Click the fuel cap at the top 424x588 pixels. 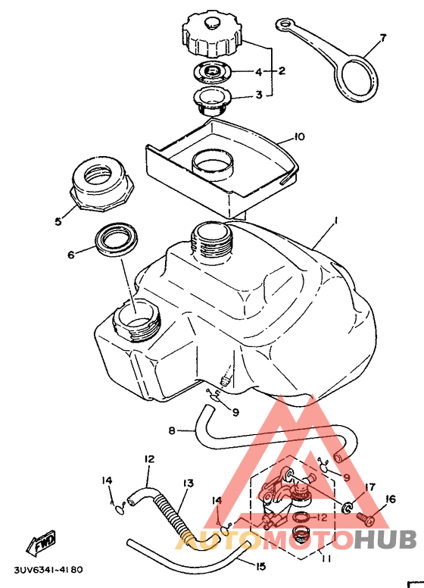click(212, 36)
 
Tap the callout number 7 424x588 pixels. click(382, 38)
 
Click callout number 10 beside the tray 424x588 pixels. click(299, 136)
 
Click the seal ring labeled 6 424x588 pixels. click(116, 240)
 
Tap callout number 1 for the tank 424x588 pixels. click(335, 221)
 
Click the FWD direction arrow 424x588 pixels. click(41, 542)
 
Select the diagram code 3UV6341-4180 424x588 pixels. click(48, 570)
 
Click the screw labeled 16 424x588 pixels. click(365, 519)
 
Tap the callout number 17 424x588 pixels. click(369, 487)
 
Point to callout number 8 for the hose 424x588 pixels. click(172, 430)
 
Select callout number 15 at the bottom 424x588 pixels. click(260, 566)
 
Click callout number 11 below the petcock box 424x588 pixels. click(326, 559)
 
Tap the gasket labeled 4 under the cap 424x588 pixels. click(211, 71)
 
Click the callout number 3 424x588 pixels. click(259, 95)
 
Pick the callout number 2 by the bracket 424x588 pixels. click(282, 70)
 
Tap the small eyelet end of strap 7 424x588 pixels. click(285, 25)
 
